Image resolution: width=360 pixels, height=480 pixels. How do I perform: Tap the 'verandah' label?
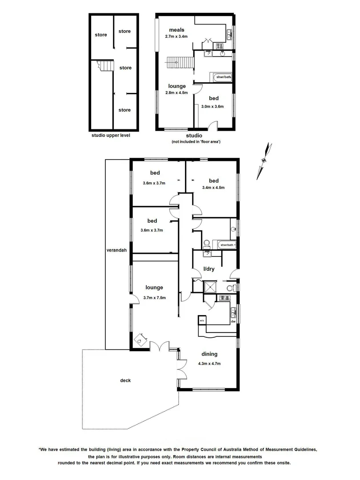click(x=116, y=250)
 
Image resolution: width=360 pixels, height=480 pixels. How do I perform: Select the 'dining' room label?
click(x=209, y=354)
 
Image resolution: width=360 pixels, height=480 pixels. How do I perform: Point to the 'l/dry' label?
click(x=208, y=269)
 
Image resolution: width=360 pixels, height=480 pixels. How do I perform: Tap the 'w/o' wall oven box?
click(x=201, y=320)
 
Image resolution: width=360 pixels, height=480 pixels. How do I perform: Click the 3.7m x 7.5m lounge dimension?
click(x=154, y=298)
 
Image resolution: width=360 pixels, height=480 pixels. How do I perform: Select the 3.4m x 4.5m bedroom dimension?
click(x=213, y=188)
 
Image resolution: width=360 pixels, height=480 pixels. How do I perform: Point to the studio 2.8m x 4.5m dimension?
click(x=176, y=93)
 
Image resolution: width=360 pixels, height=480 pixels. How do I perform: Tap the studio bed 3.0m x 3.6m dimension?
click(x=212, y=106)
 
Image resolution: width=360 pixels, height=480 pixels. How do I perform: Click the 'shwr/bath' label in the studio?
click(x=223, y=77)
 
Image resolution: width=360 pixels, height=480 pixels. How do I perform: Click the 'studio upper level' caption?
click(x=111, y=135)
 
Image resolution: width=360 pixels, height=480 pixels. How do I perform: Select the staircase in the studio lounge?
click(x=180, y=63)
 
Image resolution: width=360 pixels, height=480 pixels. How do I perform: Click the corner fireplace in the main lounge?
click(x=141, y=340)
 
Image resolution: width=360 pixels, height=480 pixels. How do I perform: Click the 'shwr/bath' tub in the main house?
click(x=226, y=245)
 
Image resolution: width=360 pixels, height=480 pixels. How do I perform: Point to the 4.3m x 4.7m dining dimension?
click(x=209, y=364)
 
